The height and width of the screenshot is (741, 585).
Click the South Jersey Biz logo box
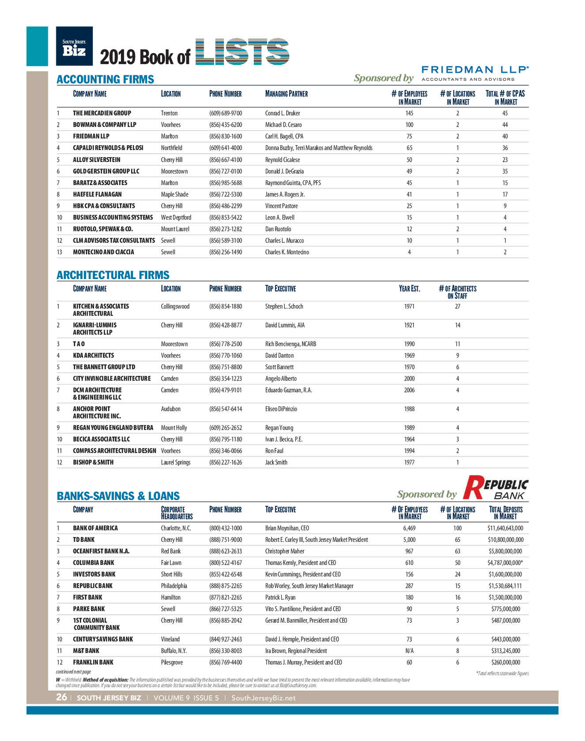pos(74,46)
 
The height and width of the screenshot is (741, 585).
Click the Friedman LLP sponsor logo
pos(475,73)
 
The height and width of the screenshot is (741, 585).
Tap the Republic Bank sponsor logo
pos(495,488)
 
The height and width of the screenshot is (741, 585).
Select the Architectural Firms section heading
pos(113,275)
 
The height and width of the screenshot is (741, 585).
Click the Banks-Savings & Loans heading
pos(118,496)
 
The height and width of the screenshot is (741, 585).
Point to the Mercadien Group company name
pos(102,113)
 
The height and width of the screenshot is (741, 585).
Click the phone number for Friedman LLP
pos(226,136)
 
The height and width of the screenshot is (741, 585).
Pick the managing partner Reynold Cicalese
pos(283,160)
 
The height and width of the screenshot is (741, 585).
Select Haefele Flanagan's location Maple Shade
pos(175,194)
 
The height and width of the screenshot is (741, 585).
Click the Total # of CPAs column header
pos(505,98)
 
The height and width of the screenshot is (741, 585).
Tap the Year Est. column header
pos(409,289)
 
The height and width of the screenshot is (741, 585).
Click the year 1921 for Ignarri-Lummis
pos(409,325)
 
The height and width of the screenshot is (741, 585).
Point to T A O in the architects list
pos(79,344)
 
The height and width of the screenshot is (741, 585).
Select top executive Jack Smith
pos(276,462)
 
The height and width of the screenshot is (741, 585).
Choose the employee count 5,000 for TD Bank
pos(409,540)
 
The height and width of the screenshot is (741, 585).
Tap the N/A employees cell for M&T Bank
pos(409,651)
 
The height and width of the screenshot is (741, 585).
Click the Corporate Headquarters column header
pos(177,513)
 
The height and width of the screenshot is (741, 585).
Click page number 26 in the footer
pos(61,698)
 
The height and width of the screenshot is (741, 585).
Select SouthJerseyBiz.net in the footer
pos(264,698)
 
